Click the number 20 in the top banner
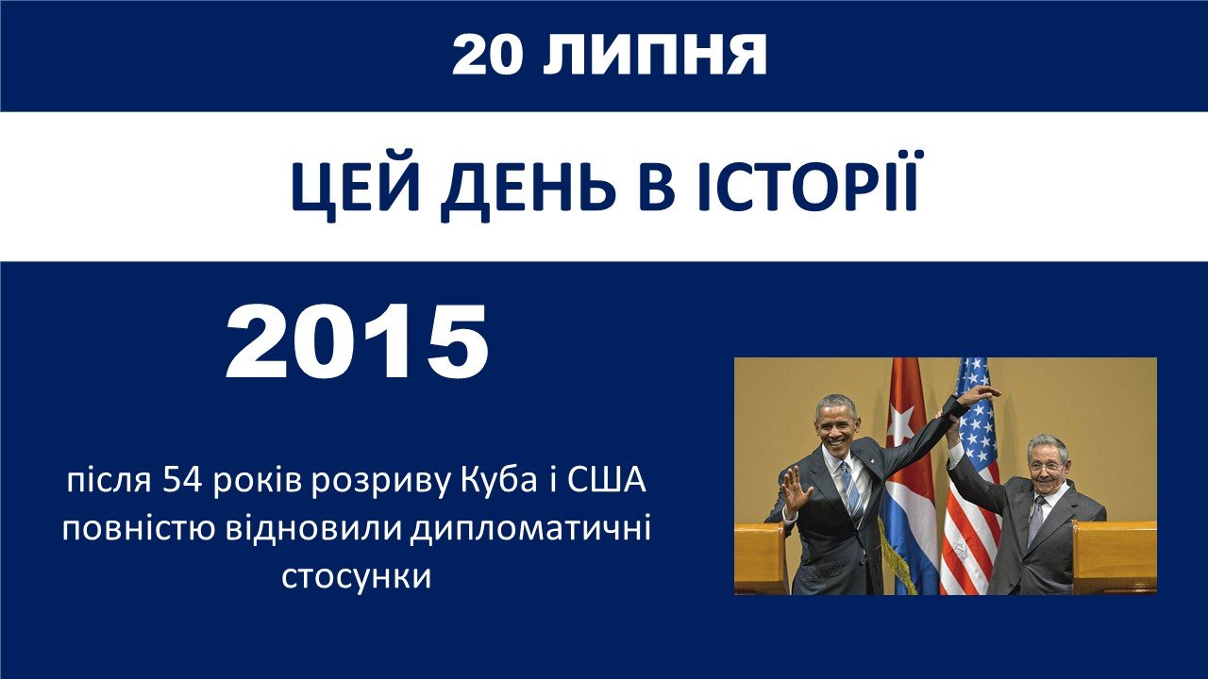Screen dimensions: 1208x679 pos(488,56)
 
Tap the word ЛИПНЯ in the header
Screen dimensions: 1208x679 pos(654,56)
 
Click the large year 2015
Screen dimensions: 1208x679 pos(357,342)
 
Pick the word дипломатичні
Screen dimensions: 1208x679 pos(529,530)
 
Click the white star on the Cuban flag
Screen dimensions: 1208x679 pos(900,424)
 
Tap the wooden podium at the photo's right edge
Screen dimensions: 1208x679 pos(1115,556)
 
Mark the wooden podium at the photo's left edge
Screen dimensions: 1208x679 pos(761,558)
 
